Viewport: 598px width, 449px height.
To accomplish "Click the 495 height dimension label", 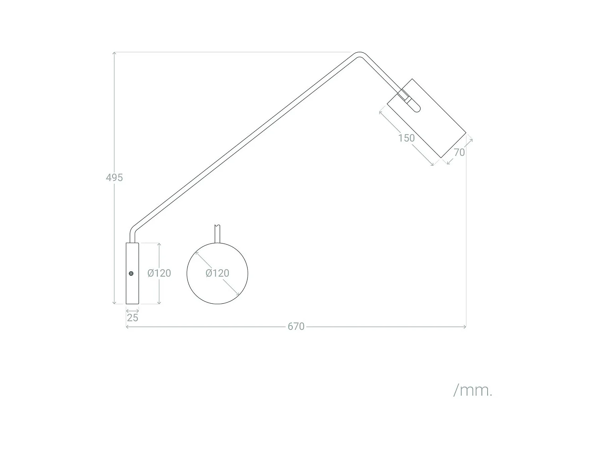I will click(114, 178).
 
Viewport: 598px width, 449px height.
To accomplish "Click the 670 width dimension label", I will click(296, 326).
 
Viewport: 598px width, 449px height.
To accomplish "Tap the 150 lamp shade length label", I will click(406, 138).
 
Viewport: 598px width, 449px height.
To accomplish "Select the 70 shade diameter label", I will click(459, 152).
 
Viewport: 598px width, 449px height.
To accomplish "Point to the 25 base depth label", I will click(132, 318).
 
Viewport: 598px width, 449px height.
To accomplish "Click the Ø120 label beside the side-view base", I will click(159, 273).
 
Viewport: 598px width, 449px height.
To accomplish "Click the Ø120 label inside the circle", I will click(217, 273).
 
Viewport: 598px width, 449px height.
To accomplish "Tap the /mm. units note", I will click(473, 390).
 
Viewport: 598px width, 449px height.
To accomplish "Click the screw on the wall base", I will click(131, 273).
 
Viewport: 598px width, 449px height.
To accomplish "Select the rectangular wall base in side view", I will click(132, 279).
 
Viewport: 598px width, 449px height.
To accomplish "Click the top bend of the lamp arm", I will click(359, 54).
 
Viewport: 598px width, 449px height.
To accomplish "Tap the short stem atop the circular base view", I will click(217, 234).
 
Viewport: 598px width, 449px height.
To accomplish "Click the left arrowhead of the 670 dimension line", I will click(127, 327).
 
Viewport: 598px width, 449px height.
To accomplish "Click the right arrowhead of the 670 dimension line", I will click(465, 327).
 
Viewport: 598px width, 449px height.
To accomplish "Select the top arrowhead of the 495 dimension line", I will click(114, 53).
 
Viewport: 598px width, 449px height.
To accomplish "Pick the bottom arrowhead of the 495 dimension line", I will click(114, 303).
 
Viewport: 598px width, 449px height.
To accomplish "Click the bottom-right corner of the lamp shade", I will click(442, 157).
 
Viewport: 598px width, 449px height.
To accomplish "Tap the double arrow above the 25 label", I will click(132, 311).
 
